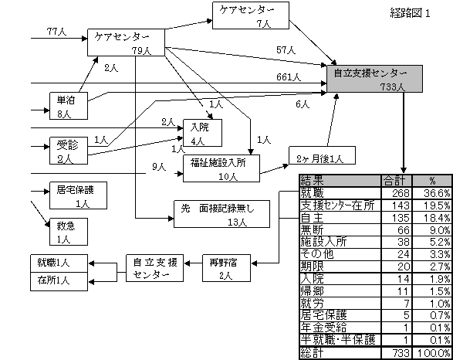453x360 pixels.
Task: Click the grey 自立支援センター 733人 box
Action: [x=375, y=79]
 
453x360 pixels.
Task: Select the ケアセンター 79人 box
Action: [x=127, y=42]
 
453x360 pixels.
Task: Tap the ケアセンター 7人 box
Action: [x=251, y=15]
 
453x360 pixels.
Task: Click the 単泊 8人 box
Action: [x=69, y=106]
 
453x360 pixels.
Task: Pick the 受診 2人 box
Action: [x=69, y=151]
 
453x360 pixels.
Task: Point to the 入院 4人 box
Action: [x=202, y=133]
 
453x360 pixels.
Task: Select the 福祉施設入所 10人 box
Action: [x=221, y=168]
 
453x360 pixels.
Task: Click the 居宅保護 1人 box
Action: [x=78, y=195]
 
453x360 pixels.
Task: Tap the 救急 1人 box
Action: [x=69, y=232]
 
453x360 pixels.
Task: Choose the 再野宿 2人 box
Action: [x=226, y=268]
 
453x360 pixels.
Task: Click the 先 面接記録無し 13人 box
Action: [x=222, y=214]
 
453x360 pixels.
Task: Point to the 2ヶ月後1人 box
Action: [x=322, y=155]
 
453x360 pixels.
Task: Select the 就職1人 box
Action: [x=59, y=263]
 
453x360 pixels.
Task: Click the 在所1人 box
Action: [x=59, y=281]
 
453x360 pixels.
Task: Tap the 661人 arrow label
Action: [x=289, y=77]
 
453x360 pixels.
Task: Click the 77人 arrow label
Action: [x=56, y=32]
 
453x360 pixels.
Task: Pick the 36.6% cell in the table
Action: [x=432, y=193]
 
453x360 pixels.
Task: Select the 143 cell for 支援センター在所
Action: [x=397, y=205]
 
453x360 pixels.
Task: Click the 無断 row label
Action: [x=312, y=230]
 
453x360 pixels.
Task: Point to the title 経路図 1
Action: [x=411, y=13]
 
